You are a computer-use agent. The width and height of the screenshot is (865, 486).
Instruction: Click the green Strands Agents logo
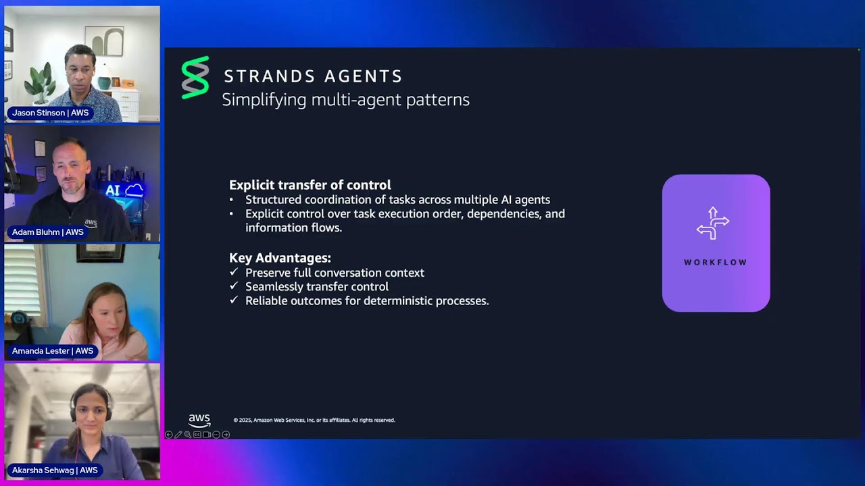pos(195,78)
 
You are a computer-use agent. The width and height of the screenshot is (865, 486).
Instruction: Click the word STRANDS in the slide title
pos(267,76)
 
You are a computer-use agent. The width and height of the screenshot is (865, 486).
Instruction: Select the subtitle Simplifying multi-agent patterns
pos(345,100)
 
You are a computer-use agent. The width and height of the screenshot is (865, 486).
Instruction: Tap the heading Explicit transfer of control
pos(310,185)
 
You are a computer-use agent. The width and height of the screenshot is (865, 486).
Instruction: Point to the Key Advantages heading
pos(280,258)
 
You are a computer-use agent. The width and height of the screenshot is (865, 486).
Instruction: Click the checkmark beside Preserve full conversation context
pos(234,272)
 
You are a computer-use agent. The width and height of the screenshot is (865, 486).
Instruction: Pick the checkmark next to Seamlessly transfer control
pos(234,286)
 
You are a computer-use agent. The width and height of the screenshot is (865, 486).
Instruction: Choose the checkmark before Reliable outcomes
pos(234,300)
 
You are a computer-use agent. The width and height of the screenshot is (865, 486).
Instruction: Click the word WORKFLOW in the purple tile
pos(715,263)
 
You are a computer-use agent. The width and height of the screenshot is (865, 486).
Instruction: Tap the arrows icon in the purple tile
pos(713,223)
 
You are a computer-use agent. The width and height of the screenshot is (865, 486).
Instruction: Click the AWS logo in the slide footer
pos(199,420)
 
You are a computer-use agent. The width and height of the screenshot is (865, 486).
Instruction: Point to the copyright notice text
pos(314,420)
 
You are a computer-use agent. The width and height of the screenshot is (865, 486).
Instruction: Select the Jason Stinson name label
pos(50,113)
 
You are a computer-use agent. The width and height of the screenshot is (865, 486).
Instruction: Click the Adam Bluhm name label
pos(47,232)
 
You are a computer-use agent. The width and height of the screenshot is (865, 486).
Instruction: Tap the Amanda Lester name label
pos(52,351)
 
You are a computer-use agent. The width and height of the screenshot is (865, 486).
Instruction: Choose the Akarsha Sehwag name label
pos(55,470)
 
